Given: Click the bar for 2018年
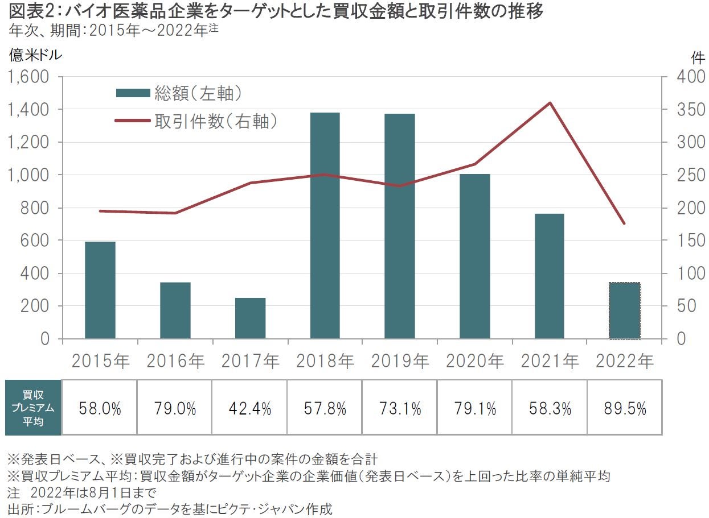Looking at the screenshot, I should pyautogui.click(x=325, y=226).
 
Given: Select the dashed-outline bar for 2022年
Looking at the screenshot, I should pyautogui.click(x=624, y=310).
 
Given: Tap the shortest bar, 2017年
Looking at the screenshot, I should pyautogui.click(x=250, y=318).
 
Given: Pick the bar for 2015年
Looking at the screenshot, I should pyautogui.click(x=100, y=290).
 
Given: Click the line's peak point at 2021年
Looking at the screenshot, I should pyautogui.click(x=550, y=103).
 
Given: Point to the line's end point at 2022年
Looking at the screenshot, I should pyautogui.click(x=624, y=223).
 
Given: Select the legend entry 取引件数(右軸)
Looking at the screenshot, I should pyautogui.click(x=196, y=121).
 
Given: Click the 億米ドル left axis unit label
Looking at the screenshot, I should pyautogui.click(x=35, y=55).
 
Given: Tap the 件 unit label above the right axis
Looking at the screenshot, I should pyautogui.click(x=696, y=57).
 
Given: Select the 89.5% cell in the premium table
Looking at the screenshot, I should pyautogui.click(x=624, y=408).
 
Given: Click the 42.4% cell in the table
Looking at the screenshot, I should pyautogui.click(x=250, y=408).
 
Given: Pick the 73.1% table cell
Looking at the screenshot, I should pyautogui.click(x=400, y=408).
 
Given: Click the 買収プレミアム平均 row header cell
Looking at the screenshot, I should pyautogui.click(x=32, y=408).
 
